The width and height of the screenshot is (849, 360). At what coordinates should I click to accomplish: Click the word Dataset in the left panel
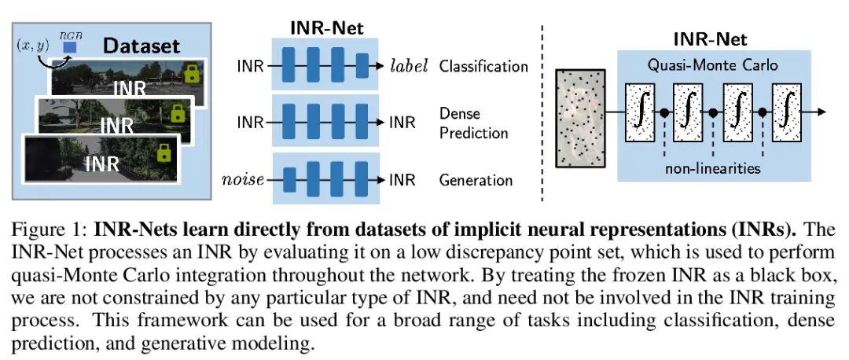tap(142, 46)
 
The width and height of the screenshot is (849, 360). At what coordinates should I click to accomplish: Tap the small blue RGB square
tap(69, 50)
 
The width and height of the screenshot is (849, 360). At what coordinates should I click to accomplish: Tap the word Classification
tap(483, 65)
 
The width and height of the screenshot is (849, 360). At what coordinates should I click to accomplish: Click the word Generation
tap(476, 180)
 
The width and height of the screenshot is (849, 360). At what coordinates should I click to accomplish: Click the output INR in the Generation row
tap(402, 180)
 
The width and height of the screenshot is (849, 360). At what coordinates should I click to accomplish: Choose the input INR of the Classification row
tap(250, 65)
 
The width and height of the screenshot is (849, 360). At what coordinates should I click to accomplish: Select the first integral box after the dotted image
tap(639, 112)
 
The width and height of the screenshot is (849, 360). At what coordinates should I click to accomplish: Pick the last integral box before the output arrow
tap(787, 112)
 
